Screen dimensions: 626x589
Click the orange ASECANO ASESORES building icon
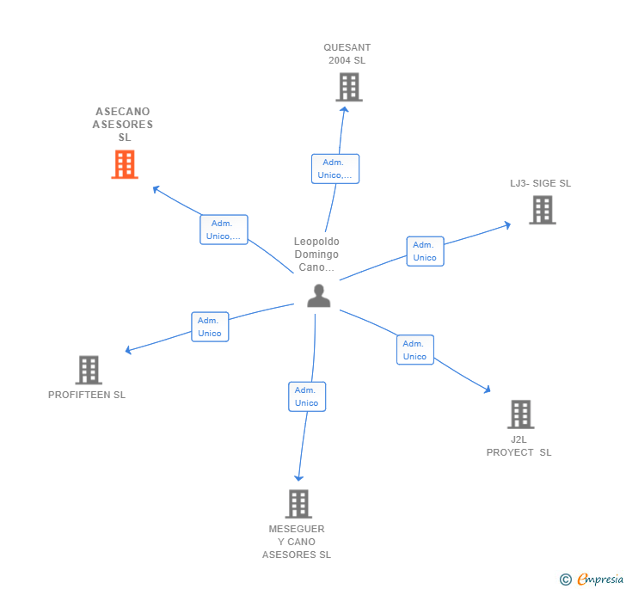pos(125,164)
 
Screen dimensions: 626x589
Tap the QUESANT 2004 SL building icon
pos(348,87)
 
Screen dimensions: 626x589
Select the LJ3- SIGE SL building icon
pos(542,210)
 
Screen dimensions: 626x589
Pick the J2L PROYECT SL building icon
pos(520,414)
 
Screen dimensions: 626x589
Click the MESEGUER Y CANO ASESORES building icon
pos(298,504)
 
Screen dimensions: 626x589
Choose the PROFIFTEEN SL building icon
pos(89,370)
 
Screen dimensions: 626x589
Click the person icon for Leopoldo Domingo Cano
pos(319,295)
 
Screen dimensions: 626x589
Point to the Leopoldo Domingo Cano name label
pos(316,255)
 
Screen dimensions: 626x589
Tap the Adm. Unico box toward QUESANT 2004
pos(334,169)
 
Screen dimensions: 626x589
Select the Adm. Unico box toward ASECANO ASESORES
pos(224,230)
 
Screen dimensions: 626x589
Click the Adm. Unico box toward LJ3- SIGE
pos(425,251)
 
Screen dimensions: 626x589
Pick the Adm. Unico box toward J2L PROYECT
pos(414,350)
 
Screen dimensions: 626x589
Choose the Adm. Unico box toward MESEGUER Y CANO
pos(306,396)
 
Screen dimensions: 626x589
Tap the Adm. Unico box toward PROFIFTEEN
pos(209,327)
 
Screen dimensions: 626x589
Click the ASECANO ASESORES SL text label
pos(123,125)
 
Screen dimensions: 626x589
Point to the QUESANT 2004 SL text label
pos(347,54)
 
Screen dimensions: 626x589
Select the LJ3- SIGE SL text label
pos(540,183)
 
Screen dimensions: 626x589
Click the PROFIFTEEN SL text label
pos(87,396)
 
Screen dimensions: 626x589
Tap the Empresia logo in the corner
pos(592,580)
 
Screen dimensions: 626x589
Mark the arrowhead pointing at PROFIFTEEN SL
pos(128,350)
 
